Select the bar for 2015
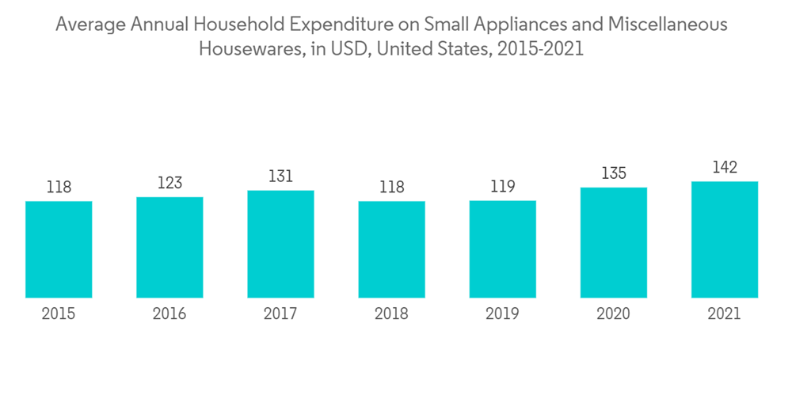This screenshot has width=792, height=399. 59,249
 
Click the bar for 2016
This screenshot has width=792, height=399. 169,247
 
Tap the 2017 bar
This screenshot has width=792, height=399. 280,244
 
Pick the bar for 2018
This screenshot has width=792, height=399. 391,249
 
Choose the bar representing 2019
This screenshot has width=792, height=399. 502,249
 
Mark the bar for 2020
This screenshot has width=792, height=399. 613,242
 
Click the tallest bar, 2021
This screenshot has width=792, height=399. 724,239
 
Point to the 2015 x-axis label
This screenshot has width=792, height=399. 59,314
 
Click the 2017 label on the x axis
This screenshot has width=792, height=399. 280,314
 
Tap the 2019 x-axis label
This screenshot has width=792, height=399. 502,314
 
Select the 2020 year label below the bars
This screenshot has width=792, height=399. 613,314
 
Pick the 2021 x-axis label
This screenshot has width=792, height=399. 724,314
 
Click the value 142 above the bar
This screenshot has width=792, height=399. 724,167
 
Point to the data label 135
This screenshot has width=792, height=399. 613,173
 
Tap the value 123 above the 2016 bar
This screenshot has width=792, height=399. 169,183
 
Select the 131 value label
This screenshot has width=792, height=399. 280,177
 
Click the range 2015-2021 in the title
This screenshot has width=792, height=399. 539,49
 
